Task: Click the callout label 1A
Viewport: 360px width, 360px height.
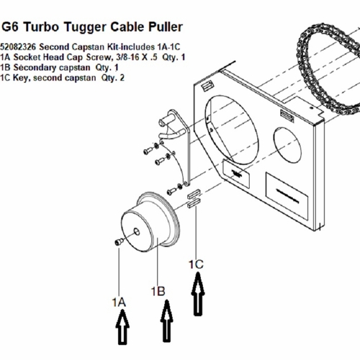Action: point(119,302)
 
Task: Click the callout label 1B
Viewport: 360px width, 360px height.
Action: point(158,292)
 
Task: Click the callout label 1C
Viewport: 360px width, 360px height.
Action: point(196,264)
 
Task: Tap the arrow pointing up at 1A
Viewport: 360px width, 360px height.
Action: point(122,327)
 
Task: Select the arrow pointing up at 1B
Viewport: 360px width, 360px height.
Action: point(167,320)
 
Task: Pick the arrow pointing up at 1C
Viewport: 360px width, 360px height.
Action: point(198,294)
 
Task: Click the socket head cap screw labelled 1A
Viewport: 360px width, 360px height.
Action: point(119,242)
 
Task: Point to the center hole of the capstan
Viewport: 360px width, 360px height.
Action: point(137,232)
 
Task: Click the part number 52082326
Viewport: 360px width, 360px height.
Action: point(18,47)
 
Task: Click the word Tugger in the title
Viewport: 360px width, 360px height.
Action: point(84,27)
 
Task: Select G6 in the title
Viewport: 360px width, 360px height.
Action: point(10,27)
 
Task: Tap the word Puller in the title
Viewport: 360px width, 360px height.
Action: point(165,27)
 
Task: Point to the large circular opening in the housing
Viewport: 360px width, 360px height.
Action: point(232,130)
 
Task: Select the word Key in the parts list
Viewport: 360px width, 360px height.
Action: point(22,78)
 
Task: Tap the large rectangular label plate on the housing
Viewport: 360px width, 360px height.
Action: point(287,196)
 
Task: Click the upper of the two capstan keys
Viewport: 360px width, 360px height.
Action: point(194,194)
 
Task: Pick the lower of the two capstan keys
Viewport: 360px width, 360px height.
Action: point(194,203)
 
